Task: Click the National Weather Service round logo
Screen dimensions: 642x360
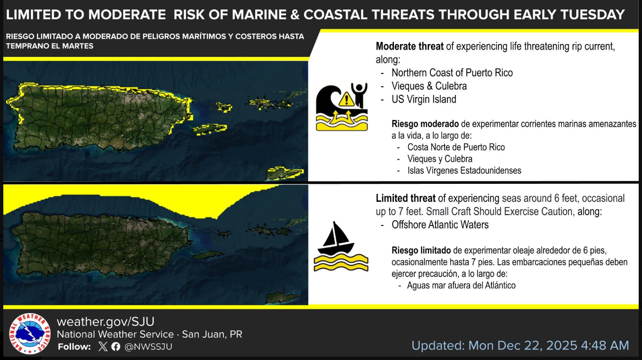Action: (x=30, y=333)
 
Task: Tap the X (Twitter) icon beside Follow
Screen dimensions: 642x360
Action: (x=103, y=347)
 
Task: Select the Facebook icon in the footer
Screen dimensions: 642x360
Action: (x=116, y=347)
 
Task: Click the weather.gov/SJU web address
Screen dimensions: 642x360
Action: (x=106, y=322)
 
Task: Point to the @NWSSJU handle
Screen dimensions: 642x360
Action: (x=148, y=347)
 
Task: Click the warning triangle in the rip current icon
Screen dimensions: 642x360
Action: (x=347, y=99)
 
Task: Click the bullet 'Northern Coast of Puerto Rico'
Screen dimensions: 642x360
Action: (x=452, y=73)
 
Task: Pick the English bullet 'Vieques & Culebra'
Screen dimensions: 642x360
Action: (x=429, y=86)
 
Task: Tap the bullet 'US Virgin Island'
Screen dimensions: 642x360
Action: (x=424, y=99)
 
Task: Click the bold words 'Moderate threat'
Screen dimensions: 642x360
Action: (x=410, y=46)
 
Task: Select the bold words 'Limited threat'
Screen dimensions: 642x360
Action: (x=406, y=198)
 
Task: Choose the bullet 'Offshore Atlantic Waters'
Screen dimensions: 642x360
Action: (x=440, y=225)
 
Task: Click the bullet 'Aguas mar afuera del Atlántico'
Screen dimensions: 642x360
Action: (x=461, y=286)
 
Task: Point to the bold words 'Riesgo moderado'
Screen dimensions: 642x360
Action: (x=425, y=124)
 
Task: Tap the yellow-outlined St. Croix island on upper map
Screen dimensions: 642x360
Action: (x=285, y=173)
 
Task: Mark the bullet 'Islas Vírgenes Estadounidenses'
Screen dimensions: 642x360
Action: (x=464, y=171)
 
